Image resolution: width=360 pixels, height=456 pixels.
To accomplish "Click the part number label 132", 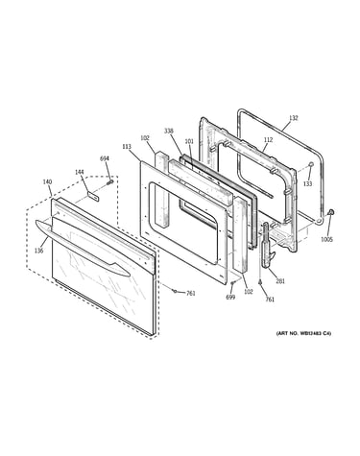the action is click(x=293, y=118).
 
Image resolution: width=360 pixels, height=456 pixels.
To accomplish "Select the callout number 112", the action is click(x=269, y=139).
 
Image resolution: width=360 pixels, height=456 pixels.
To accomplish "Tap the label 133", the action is click(x=307, y=184).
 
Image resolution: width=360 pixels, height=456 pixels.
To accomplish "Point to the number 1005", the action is click(x=327, y=239).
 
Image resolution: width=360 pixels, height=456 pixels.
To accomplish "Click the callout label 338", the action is click(x=169, y=131).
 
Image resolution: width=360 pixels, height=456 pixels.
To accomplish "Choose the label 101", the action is click(x=189, y=141).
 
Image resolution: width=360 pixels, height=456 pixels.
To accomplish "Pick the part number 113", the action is click(x=127, y=146).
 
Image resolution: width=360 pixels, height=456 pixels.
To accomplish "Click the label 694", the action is click(x=105, y=158).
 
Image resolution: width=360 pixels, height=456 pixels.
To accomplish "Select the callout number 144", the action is click(x=80, y=172).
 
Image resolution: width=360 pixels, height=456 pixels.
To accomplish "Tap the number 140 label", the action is click(x=47, y=181).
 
